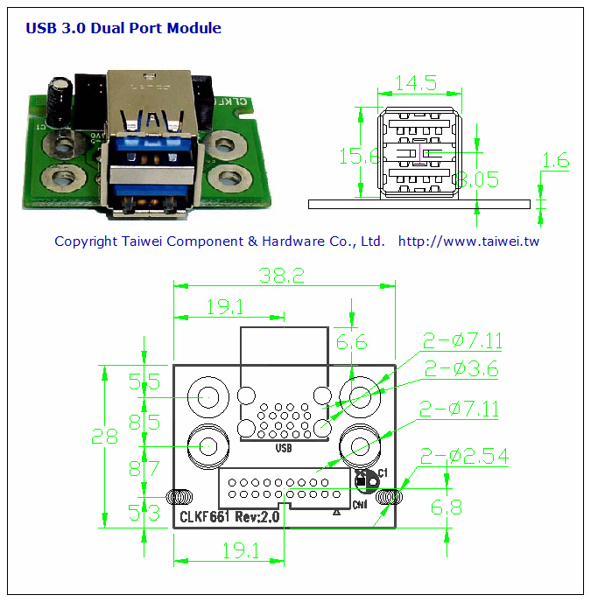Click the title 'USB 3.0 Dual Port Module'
point(123,28)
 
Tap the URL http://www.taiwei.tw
point(468,241)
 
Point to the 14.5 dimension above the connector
point(416,83)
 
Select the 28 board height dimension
point(105,436)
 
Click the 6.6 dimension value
point(351,342)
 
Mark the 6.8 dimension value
point(447,507)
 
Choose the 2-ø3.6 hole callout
point(461,368)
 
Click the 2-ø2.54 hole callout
point(464,456)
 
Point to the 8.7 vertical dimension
point(144,468)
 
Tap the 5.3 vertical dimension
point(144,513)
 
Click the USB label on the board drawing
point(283,449)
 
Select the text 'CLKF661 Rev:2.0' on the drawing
point(229,517)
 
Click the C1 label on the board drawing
point(383,472)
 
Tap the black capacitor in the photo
point(60,102)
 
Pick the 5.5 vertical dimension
point(144,381)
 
